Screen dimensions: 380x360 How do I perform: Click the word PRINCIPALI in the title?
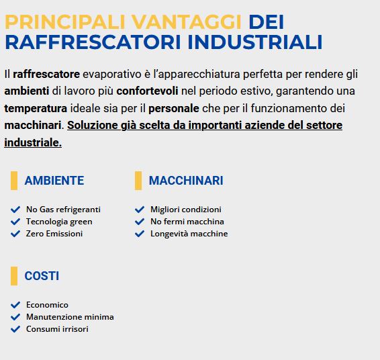point(65,22)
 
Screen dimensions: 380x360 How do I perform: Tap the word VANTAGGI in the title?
point(187,22)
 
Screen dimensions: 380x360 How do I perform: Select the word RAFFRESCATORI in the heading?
point(93,42)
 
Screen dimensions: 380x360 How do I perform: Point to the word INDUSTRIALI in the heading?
point(255,42)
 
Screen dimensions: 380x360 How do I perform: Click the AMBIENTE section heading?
point(54,181)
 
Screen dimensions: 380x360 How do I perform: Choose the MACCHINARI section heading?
point(186,181)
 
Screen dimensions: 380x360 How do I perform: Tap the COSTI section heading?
point(42,276)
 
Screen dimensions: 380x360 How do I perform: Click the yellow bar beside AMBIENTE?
point(14,181)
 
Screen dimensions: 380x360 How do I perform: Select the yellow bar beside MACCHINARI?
point(138,181)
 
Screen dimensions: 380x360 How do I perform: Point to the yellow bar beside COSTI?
point(14,276)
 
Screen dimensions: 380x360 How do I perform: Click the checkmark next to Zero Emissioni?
point(15,234)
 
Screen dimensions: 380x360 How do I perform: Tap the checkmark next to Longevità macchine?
point(140,234)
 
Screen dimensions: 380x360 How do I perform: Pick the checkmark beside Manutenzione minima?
point(15,317)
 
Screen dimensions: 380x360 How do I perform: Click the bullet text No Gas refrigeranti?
point(63,210)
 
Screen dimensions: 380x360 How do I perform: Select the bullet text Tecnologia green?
point(59,222)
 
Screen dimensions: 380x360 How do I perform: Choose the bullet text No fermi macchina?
point(187,222)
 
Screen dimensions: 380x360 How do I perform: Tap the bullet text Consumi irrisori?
point(57,329)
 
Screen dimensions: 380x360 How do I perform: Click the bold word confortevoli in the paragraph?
point(147,91)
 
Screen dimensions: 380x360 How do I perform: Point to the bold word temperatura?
point(36,108)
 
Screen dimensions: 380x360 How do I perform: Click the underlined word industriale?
point(33,142)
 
